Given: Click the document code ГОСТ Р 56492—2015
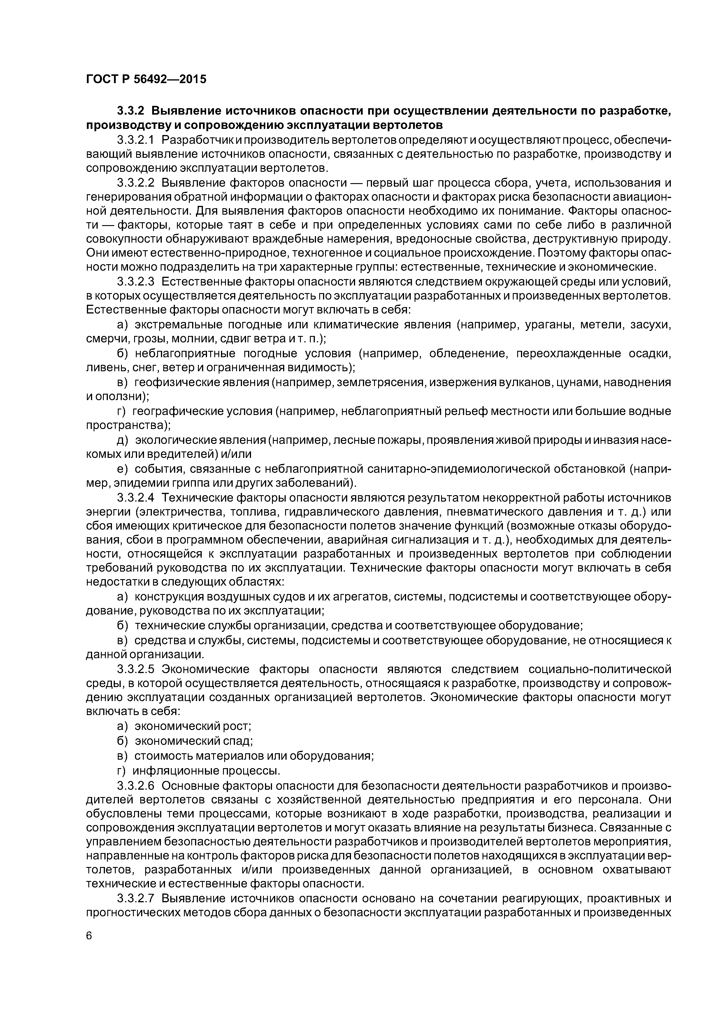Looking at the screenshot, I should (x=146, y=79).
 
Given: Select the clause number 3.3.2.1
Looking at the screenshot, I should (x=136, y=140).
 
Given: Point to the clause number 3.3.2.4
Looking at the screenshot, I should (x=136, y=497).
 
